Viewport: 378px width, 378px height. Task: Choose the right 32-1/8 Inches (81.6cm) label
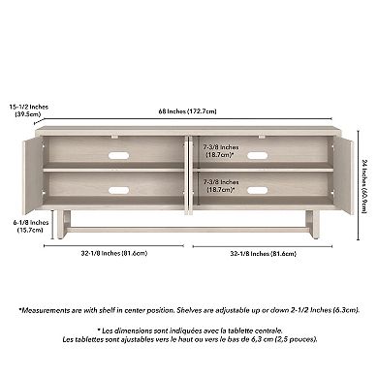tap(264, 253)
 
